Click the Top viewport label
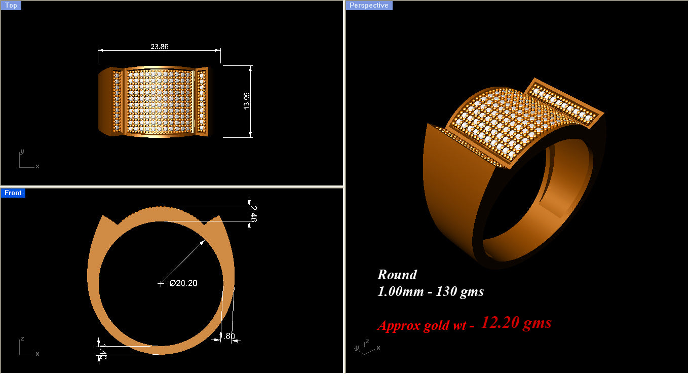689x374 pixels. (x=11, y=6)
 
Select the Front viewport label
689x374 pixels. (x=13, y=193)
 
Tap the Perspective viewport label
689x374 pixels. (x=369, y=6)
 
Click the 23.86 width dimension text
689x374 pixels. (x=159, y=46)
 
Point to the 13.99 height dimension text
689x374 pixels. (x=247, y=101)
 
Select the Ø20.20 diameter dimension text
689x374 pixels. (x=183, y=283)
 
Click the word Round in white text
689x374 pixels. (x=397, y=275)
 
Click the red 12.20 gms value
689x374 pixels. (x=516, y=322)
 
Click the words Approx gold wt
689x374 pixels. (x=426, y=325)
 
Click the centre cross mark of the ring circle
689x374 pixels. (x=162, y=283)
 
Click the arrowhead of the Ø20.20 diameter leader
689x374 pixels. (x=203, y=242)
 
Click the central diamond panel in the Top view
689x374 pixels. (x=159, y=101)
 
